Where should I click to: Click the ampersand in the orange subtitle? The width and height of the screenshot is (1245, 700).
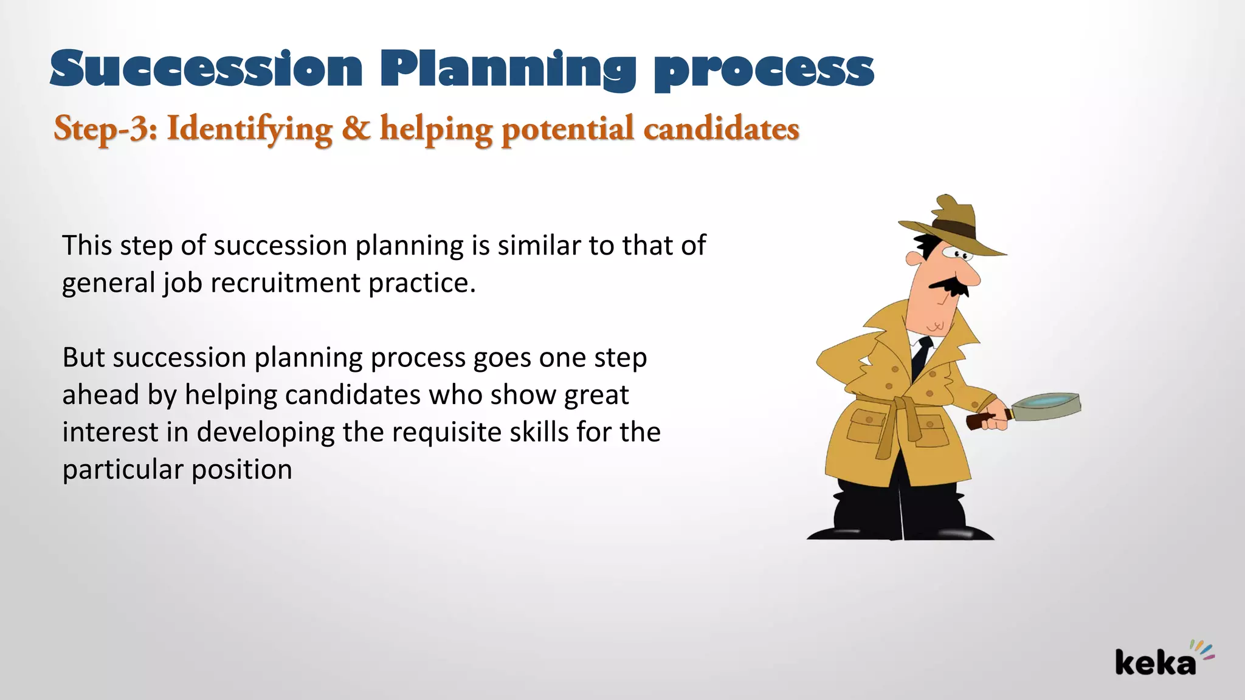pyautogui.click(x=356, y=128)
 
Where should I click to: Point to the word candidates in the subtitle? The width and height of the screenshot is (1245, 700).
pyautogui.click(x=721, y=129)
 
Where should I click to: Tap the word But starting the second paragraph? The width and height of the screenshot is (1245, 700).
pyautogui.click(x=83, y=357)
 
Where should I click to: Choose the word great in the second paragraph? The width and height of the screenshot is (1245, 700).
pyautogui.click(x=596, y=395)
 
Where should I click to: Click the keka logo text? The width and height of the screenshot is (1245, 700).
pyautogui.click(x=1155, y=663)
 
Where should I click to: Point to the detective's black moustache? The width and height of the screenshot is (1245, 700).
pyautogui.click(x=948, y=286)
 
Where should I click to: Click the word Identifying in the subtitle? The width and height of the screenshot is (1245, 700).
pyautogui.click(x=249, y=129)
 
